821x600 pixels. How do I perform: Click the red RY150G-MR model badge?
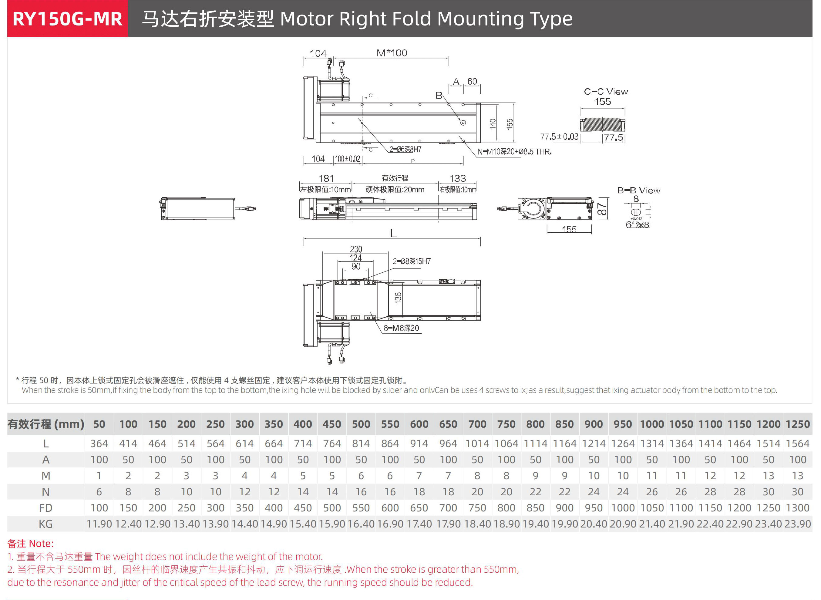click(x=68, y=19)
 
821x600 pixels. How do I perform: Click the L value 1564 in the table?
click(x=797, y=443)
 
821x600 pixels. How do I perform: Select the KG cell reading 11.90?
click(x=99, y=524)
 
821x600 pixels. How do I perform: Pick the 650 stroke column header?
click(x=448, y=424)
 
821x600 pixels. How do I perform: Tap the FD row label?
click(x=46, y=508)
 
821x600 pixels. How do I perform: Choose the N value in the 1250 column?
click(x=797, y=492)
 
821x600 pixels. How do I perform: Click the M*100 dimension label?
click(x=392, y=53)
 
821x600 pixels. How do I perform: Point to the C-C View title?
click(x=606, y=92)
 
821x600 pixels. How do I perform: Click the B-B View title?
click(x=639, y=190)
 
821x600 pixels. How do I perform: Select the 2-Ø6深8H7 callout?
click(x=405, y=149)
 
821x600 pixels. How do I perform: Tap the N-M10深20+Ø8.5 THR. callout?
click(x=514, y=152)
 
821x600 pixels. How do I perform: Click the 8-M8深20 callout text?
click(x=401, y=328)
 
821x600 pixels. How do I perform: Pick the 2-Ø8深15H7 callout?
click(x=411, y=261)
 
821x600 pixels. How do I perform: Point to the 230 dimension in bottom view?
click(x=356, y=249)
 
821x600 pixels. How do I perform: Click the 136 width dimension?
click(x=398, y=298)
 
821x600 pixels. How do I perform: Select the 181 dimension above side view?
click(x=326, y=178)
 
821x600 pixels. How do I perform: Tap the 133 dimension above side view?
click(x=457, y=178)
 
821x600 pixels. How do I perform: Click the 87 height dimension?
click(x=602, y=209)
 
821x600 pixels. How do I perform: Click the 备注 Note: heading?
click(x=31, y=544)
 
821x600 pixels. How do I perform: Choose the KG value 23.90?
click(x=797, y=524)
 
